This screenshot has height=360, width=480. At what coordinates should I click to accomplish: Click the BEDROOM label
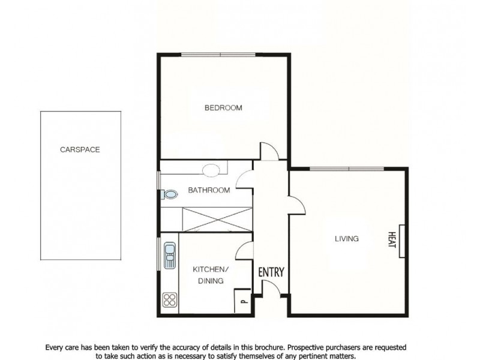[x=223, y=108]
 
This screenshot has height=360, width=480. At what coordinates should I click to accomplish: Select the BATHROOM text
[x=209, y=190]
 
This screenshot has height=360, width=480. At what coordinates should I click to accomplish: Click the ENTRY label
[x=271, y=272]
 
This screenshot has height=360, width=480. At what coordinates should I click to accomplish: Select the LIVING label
[x=346, y=239]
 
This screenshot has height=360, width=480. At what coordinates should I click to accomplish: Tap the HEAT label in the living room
[x=392, y=240]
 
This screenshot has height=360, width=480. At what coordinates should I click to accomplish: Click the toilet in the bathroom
[x=169, y=194]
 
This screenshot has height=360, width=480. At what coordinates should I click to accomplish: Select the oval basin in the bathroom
[x=211, y=170]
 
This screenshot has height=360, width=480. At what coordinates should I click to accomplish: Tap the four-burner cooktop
[x=169, y=299]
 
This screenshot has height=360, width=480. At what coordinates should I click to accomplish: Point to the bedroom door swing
[x=268, y=151]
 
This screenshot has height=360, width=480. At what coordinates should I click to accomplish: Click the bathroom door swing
[x=245, y=179]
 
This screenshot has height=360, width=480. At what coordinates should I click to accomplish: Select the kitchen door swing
[x=244, y=250]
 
